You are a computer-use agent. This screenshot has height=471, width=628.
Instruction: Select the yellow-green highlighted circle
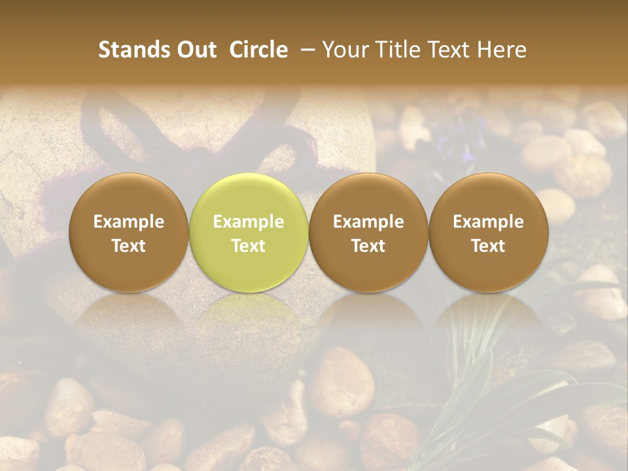248,232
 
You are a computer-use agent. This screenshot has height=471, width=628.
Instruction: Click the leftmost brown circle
128,232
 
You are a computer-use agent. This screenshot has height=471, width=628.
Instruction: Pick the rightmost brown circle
488,232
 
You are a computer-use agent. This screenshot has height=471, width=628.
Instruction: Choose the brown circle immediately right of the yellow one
368,232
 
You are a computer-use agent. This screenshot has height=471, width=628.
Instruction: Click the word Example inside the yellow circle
249,222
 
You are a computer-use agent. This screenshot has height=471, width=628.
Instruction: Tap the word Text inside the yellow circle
249,246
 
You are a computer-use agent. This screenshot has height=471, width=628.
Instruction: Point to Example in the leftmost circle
129,222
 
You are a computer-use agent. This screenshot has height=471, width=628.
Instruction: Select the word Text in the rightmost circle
488,246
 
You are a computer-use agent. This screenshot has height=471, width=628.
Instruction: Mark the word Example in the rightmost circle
488,222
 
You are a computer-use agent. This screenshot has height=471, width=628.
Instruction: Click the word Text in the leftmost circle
129,246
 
